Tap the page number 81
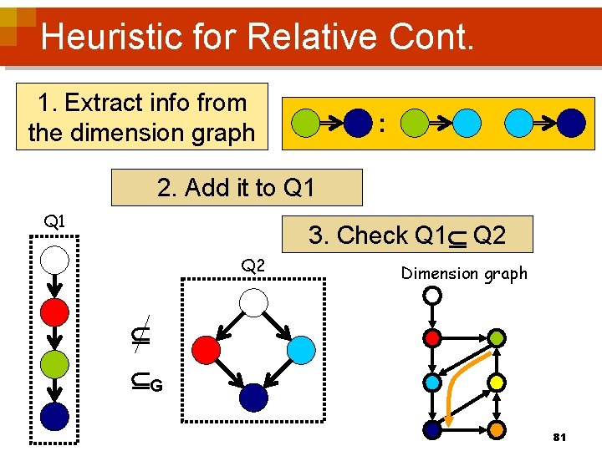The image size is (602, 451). pos(560,438)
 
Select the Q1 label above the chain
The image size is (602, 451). pos(55,221)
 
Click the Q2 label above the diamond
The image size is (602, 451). pos(253,266)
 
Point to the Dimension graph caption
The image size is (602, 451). pos(464,273)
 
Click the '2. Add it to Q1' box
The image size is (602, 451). pos(237,188)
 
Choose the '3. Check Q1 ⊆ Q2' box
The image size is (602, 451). pos(407,236)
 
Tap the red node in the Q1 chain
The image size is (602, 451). pos(55,312)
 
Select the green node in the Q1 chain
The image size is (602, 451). pos(55,364)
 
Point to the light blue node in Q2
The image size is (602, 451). pos(302,349)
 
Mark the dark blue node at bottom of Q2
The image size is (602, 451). pos(253,398)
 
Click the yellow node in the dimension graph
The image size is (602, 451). pos(497,383)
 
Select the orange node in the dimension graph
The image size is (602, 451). pos(497,430)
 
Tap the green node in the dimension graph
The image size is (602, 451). pos(497,337)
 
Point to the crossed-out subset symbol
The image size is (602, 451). pos(141,335)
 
